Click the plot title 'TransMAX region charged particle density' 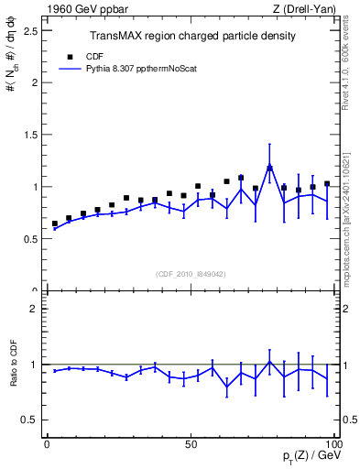(x=191, y=36)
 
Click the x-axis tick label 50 (x=191, y=444)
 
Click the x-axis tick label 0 (x=47, y=444)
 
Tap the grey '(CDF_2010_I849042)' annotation (x=191, y=273)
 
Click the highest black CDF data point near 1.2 (x=269, y=168)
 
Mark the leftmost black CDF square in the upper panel (x=54, y=224)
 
